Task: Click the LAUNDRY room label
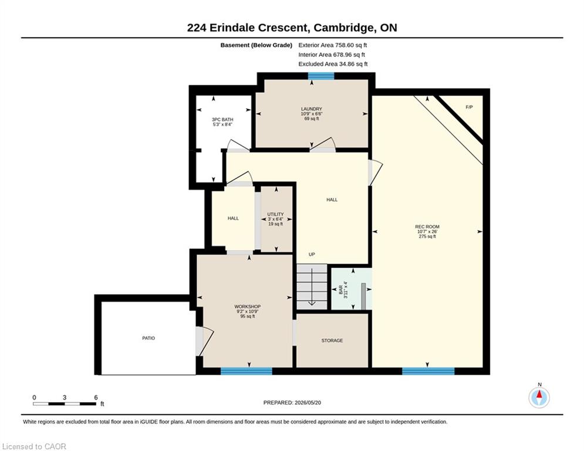click(x=311, y=109)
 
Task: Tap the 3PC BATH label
click(x=222, y=120)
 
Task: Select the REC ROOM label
click(x=427, y=227)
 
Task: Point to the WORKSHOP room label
click(x=247, y=307)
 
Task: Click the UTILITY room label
click(x=276, y=214)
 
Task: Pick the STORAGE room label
click(x=332, y=340)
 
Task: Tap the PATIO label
click(x=148, y=338)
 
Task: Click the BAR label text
click(x=341, y=290)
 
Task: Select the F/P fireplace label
click(x=470, y=107)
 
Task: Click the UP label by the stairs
click(x=312, y=254)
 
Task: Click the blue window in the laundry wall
click(x=321, y=76)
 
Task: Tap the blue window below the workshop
click(x=247, y=371)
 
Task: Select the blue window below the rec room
click(x=428, y=371)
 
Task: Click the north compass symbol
click(x=539, y=398)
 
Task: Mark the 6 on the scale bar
click(x=96, y=398)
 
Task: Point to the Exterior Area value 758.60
click(x=345, y=45)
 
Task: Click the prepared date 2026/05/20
click(x=308, y=402)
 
